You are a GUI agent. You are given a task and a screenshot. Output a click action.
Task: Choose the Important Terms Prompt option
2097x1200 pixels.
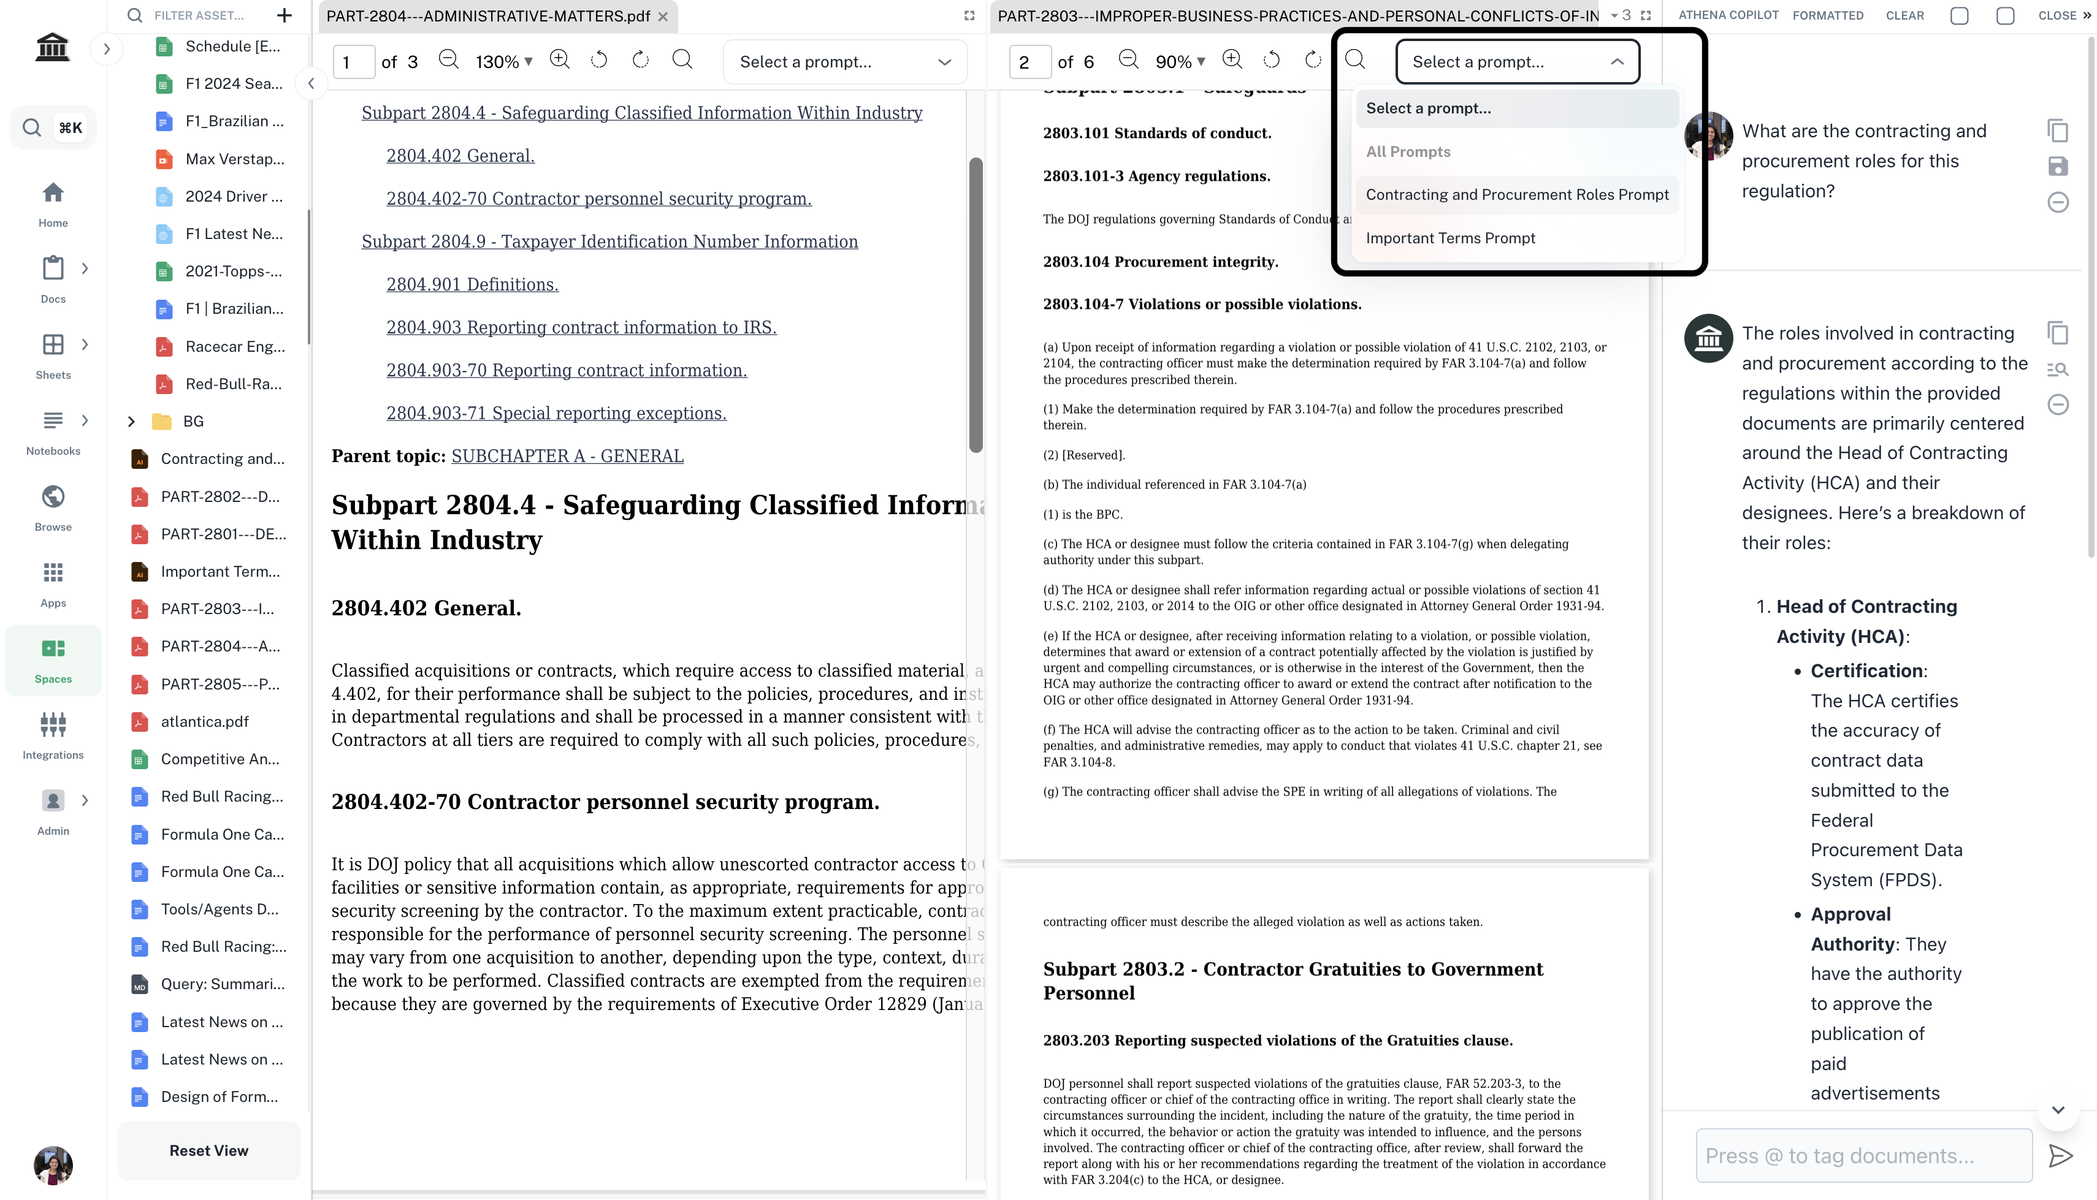coord(1450,238)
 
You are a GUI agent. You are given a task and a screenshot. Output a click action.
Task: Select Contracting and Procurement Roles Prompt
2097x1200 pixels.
coord(1517,194)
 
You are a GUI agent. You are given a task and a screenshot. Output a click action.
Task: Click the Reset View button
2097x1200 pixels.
coord(208,1150)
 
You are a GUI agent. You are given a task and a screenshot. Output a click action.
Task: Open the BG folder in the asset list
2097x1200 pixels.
coord(193,421)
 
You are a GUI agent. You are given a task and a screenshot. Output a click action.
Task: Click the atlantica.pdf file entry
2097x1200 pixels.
coord(204,721)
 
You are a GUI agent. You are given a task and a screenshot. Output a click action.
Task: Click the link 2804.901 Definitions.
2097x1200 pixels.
coord(472,284)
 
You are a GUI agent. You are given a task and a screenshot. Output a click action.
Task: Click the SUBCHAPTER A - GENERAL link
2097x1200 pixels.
coord(567,456)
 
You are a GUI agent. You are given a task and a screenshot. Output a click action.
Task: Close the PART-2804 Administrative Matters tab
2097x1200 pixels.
coord(663,17)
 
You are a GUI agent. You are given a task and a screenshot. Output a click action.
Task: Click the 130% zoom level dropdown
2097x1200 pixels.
coord(503,62)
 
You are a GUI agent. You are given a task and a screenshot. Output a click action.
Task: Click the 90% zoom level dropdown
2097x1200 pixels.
coord(1180,62)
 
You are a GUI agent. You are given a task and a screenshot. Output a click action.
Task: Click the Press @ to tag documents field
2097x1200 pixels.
coord(1863,1155)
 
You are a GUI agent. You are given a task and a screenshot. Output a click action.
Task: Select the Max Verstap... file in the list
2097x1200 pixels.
coord(234,159)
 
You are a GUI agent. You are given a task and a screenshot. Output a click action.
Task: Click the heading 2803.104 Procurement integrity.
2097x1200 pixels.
coord(1159,261)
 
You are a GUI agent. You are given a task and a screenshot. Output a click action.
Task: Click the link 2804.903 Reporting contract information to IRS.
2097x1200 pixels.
coord(581,327)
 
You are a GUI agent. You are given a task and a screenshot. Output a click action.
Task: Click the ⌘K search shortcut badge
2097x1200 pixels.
coord(70,127)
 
